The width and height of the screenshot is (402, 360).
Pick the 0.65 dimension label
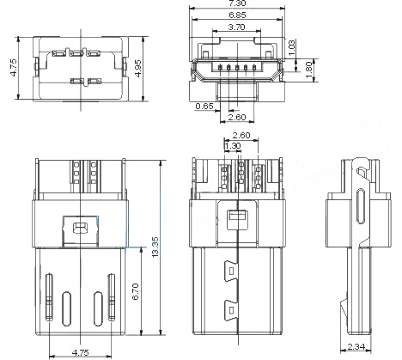pos(204,106)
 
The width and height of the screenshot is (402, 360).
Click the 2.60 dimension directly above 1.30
pos(241,135)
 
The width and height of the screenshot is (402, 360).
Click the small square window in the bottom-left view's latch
pos(81,228)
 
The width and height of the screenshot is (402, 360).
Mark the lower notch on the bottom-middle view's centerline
pos(229,307)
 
